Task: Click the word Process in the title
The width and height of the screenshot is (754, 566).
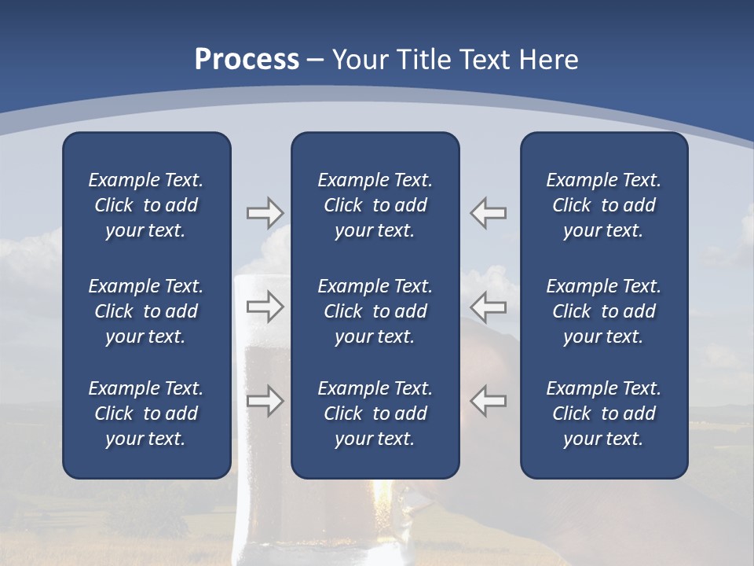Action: (x=247, y=60)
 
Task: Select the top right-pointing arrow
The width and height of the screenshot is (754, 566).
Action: (x=265, y=213)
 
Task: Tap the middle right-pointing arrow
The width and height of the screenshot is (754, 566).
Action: (x=265, y=307)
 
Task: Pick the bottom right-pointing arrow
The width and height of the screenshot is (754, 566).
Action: (x=265, y=401)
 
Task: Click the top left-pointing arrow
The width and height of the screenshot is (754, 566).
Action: (x=489, y=213)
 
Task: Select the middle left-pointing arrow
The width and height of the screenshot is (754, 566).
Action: (x=489, y=307)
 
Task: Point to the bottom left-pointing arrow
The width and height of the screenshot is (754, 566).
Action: (x=489, y=401)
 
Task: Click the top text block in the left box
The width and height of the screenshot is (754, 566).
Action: (x=146, y=205)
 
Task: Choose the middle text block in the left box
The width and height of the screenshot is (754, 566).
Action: (x=146, y=311)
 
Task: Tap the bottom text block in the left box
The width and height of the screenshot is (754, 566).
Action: (x=146, y=413)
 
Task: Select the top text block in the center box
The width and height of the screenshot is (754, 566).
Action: (x=375, y=205)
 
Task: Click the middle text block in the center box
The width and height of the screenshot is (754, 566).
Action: (x=375, y=311)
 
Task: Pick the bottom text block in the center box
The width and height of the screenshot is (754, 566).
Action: (x=375, y=413)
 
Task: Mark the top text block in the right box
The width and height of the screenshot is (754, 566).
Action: (x=604, y=205)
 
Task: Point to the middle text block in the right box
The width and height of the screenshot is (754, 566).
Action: (x=604, y=311)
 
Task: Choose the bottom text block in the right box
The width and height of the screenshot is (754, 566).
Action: (x=604, y=413)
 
